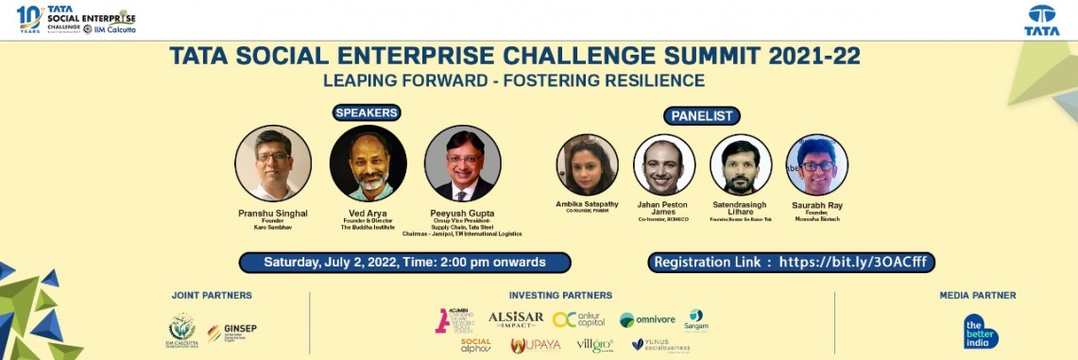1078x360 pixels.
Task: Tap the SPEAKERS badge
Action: (x=367, y=112)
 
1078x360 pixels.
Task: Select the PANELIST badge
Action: (x=701, y=116)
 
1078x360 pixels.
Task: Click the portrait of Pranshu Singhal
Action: (x=273, y=163)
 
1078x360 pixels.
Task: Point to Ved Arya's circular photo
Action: (x=368, y=163)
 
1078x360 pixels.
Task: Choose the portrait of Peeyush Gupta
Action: (x=462, y=163)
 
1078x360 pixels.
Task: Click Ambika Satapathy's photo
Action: (x=588, y=164)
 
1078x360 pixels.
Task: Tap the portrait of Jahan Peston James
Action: (x=664, y=164)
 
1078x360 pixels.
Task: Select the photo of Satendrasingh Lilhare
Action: (x=741, y=164)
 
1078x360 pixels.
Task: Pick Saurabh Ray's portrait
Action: (x=816, y=164)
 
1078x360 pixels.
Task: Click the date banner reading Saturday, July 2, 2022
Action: (x=404, y=262)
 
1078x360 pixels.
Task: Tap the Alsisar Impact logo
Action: (x=516, y=319)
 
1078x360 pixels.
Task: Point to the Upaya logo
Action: (x=536, y=345)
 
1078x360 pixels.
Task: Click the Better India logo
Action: (x=981, y=330)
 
